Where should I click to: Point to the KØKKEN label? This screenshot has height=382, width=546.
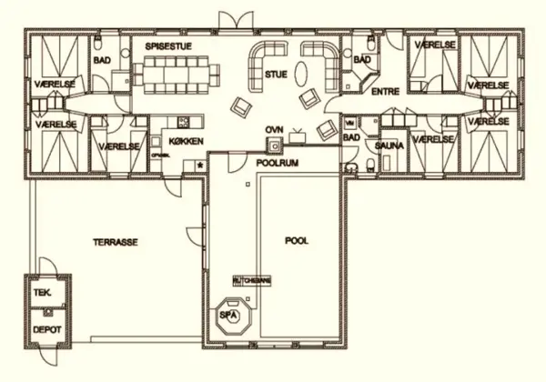(x=186, y=141)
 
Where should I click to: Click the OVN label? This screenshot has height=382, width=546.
(x=274, y=130)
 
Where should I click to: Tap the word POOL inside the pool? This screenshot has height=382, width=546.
(x=297, y=241)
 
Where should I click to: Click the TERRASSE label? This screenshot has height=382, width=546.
(x=116, y=244)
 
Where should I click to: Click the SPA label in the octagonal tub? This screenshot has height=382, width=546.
(x=228, y=315)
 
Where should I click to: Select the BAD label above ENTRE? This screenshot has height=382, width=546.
(x=361, y=60)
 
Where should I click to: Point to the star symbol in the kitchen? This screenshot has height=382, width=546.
(x=198, y=166)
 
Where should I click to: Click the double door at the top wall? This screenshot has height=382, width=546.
(x=232, y=20)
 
